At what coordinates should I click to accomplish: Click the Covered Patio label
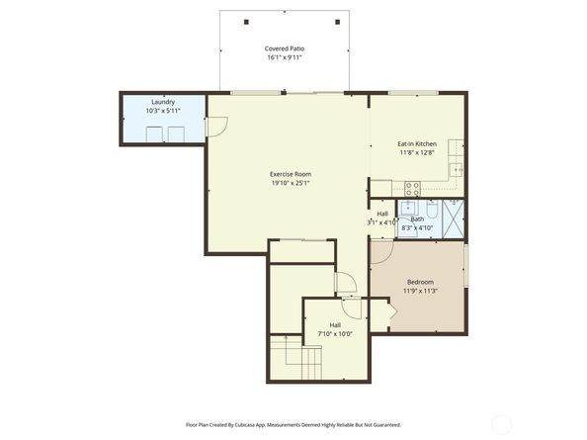[x=285, y=48]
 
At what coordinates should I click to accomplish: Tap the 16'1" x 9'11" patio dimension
[x=285, y=57]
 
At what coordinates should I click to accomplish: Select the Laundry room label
[x=163, y=102]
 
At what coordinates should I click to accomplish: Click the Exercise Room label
[x=291, y=174]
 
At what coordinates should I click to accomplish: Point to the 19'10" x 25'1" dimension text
[x=291, y=183]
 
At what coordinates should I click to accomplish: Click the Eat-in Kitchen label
[x=417, y=143]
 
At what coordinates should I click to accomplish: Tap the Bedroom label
[x=420, y=282]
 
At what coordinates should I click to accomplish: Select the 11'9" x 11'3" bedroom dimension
[x=420, y=291]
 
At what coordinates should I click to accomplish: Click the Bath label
[x=417, y=220]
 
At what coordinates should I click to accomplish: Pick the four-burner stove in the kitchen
[x=412, y=189]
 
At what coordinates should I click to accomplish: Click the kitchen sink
[x=456, y=170]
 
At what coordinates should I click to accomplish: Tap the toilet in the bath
[x=432, y=210]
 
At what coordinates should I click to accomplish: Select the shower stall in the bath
[x=454, y=220]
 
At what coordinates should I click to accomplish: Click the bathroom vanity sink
[x=407, y=207]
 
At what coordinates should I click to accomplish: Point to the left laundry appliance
[x=154, y=134]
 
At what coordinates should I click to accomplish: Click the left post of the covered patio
[x=246, y=22]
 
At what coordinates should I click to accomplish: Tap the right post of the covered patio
[x=338, y=22]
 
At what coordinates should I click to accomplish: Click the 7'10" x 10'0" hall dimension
[x=335, y=334]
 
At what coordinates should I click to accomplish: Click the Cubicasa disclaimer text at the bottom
[x=293, y=425]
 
